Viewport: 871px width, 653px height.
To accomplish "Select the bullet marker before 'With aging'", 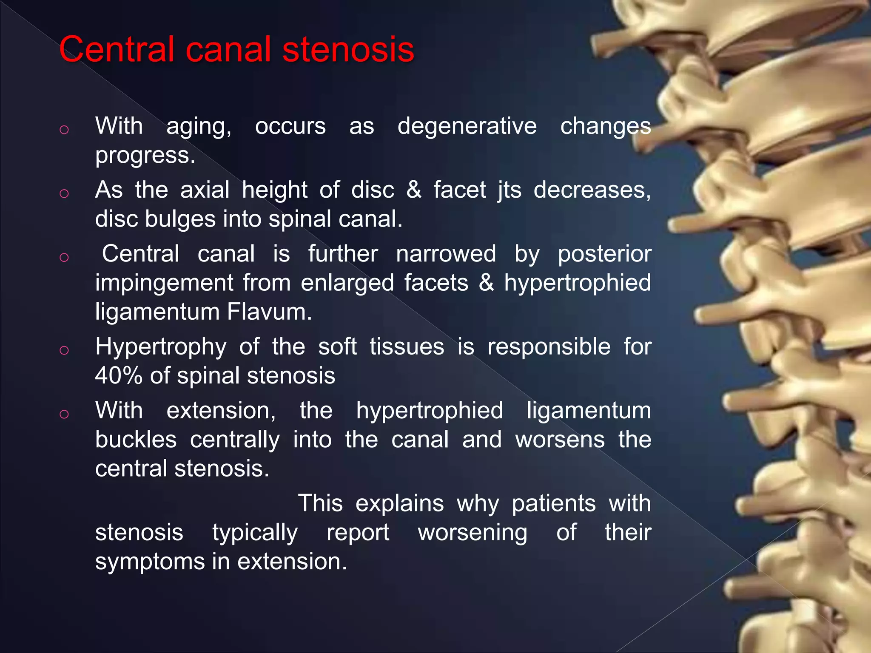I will pos(64,129).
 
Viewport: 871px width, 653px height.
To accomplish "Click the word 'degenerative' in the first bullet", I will pos(467,126).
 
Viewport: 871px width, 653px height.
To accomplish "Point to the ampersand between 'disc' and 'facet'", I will pos(414,190).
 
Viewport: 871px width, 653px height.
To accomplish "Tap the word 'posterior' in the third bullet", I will pos(604,254).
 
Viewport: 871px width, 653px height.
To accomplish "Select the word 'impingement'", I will pos(164,283).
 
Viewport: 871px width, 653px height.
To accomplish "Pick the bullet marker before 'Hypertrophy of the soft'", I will pos(64,350).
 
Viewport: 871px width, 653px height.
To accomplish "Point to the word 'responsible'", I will pos(549,346).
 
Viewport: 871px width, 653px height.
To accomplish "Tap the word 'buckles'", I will pos(136,440).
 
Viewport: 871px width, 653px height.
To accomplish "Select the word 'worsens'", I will pos(560,440).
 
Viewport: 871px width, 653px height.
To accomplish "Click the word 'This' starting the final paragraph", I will pos(320,503).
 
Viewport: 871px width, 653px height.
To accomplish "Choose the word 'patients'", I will pos(553,503).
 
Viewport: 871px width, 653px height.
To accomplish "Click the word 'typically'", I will pos(255,533).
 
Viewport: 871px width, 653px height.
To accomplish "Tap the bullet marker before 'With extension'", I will pos(64,414).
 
